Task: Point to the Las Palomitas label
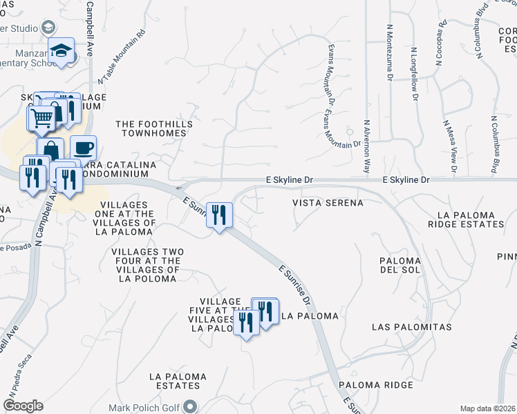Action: coord(411,326)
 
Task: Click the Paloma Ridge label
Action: coord(375,384)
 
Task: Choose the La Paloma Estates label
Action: coord(178,382)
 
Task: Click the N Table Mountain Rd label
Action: coord(124,57)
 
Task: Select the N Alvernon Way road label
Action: coord(367,148)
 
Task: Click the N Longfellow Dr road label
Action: coord(415,75)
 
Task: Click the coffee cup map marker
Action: coord(83,148)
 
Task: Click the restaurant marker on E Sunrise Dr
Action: coord(219,215)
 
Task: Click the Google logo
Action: coord(22,406)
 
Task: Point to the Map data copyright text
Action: coord(487,408)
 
